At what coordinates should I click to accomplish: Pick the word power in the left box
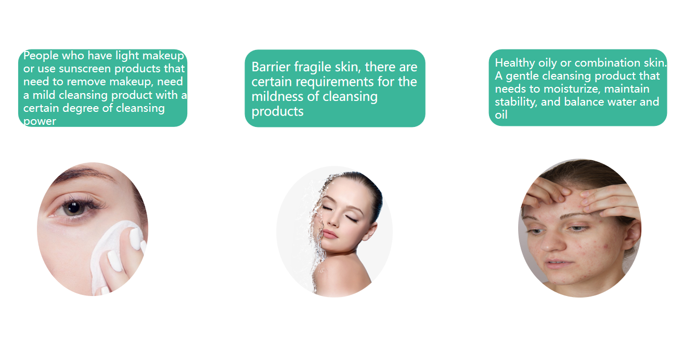coord(40,122)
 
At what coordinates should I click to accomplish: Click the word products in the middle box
coord(277,111)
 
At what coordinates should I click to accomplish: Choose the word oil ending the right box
coord(501,115)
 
